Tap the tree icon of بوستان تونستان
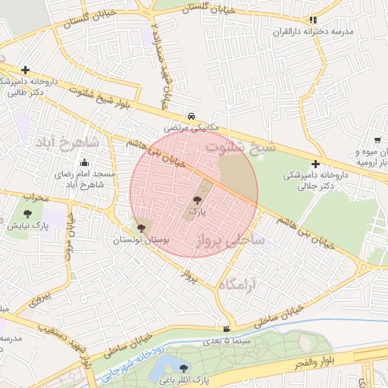(x=140, y=227)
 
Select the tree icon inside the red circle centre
(x=198, y=201)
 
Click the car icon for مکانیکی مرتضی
(x=192, y=116)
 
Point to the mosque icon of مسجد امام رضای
(x=83, y=162)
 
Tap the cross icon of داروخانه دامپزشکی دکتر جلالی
(x=315, y=163)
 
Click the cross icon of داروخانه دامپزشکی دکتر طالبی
(x=26, y=70)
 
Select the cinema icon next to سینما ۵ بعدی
(x=227, y=328)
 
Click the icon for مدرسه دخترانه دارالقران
(x=313, y=20)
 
